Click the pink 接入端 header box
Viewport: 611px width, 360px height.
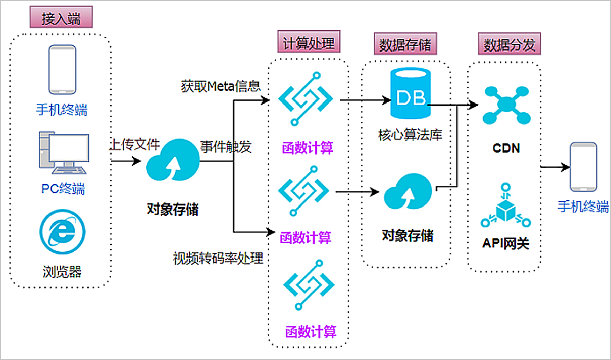coord(61,17)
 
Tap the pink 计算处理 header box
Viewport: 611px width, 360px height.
coord(309,41)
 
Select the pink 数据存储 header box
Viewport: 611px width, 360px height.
coord(405,43)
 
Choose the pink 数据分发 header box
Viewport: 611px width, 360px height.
coord(510,43)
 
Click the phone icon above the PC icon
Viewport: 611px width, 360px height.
coord(63,70)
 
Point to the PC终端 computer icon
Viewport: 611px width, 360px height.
coord(64,152)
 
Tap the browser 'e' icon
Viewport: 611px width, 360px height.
coord(63,232)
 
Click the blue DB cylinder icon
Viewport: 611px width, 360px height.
coord(411,93)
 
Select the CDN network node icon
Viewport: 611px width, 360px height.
coord(506,105)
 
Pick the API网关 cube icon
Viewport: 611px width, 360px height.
coord(505,205)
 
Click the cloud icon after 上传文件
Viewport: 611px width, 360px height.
coord(173,160)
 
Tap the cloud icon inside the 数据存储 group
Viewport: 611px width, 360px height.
coord(408,191)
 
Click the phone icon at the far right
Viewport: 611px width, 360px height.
coord(583,167)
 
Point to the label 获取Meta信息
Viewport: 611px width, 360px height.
coord(221,86)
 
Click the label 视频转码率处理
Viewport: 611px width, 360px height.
coord(218,258)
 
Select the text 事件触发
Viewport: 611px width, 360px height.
coord(226,147)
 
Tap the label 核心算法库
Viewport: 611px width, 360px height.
coord(410,135)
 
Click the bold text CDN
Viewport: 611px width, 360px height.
coord(506,148)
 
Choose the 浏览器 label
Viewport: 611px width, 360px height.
coord(62,272)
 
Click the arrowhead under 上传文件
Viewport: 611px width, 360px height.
coord(136,161)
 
